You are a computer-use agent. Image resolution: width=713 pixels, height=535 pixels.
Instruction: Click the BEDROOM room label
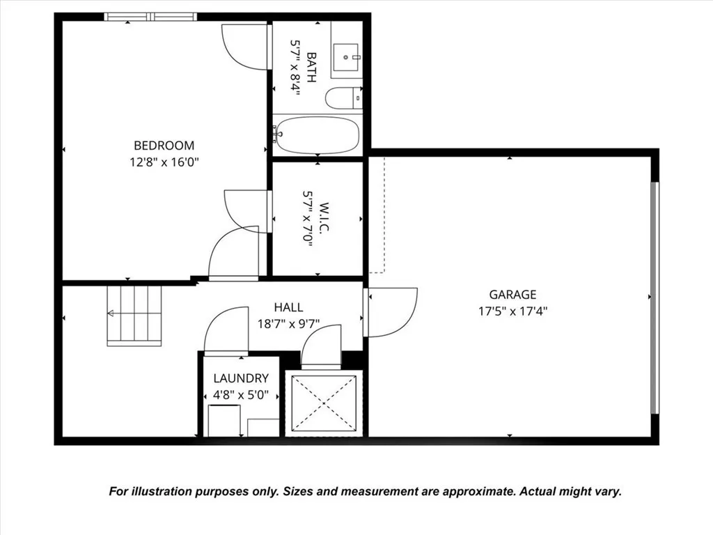click(x=164, y=146)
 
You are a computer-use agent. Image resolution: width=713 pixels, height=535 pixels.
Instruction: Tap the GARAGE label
click(x=512, y=295)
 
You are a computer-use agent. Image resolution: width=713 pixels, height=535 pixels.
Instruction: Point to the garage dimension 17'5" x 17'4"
click(x=512, y=311)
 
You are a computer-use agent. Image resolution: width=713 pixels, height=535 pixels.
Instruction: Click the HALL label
click(x=288, y=307)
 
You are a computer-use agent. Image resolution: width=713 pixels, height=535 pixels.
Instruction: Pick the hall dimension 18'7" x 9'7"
click(x=288, y=323)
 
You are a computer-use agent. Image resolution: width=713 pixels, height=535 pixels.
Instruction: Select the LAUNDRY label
click(x=241, y=378)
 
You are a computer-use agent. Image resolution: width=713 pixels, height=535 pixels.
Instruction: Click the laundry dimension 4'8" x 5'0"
click(x=241, y=395)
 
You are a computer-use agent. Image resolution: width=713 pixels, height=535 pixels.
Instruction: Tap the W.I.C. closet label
click(x=308, y=219)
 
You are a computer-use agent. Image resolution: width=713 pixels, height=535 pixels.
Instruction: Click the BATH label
click(x=310, y=67)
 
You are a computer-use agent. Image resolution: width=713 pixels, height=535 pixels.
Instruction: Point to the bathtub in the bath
click(x=317, y=135)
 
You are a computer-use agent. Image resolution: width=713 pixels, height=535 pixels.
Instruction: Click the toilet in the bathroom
click(x=343, y=98)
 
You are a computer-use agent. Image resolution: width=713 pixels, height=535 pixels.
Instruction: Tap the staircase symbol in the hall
click(x=134, y=316)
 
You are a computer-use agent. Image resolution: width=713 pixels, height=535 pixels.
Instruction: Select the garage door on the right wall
click(x=653, y=297)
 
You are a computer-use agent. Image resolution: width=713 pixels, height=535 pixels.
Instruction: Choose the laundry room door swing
click(x=226, y=330)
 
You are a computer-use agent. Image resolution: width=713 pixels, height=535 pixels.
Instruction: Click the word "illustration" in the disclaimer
click(x=169, y=492)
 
